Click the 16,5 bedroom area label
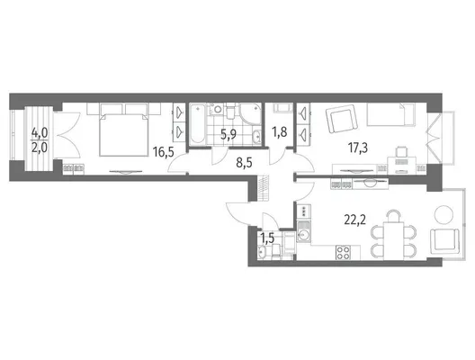click(x=164, y=152)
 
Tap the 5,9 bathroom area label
click(x=229, y=134)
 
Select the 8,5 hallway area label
click(x=244, y=163)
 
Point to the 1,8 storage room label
click(x=279, y=132)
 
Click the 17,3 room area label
click(x=358, y=148)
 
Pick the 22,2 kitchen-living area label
click(x=355, y=220)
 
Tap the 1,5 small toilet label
click(x=267, y=238)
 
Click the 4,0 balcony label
click(x=40, y=133)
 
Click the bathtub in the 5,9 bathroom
click(x=199, y=123)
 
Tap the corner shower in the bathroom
click(x=250, y=114)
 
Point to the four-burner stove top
click(x=344, y=252)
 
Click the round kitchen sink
click(x=303, y=234)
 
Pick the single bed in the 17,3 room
click(x=390, y=114)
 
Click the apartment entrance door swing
click(x=237, y=212)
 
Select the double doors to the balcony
click(x=67, y=135)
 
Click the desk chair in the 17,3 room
click(x=402, y=150)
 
